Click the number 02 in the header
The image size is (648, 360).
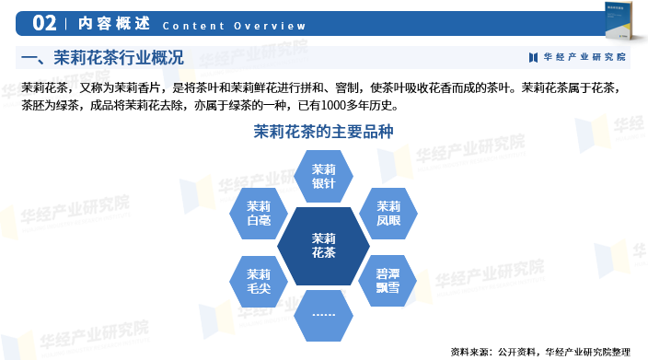(x=44, y=23)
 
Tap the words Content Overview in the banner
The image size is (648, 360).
(x=235, y=26)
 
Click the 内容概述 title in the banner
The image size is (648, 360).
(x=114, y=24)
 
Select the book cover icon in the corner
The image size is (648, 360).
(x=619, y=20)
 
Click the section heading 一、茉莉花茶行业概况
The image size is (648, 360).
(x=102, y=57)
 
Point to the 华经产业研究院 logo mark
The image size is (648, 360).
(x=533, y=57)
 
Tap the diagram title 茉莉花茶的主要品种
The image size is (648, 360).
(x=323, y=132)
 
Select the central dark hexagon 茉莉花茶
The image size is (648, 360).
(x=323, y=246)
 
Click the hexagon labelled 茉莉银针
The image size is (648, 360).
(x=323, y=176)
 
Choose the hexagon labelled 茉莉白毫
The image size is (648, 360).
(x=259, y=214)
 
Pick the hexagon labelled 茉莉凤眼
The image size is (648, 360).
(x=388, y=214)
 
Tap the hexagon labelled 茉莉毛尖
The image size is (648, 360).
(x=259, y=281)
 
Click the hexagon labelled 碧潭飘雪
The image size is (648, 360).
(x=388, y=281)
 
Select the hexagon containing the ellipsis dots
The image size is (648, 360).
(x=323, y=316)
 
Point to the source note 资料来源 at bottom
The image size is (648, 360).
(x=540, y=352)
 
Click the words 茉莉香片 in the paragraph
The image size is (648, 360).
(x=137, y=88)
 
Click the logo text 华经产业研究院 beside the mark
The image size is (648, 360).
(x=584, y=57)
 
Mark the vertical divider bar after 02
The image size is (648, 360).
(x=66, y=24)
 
